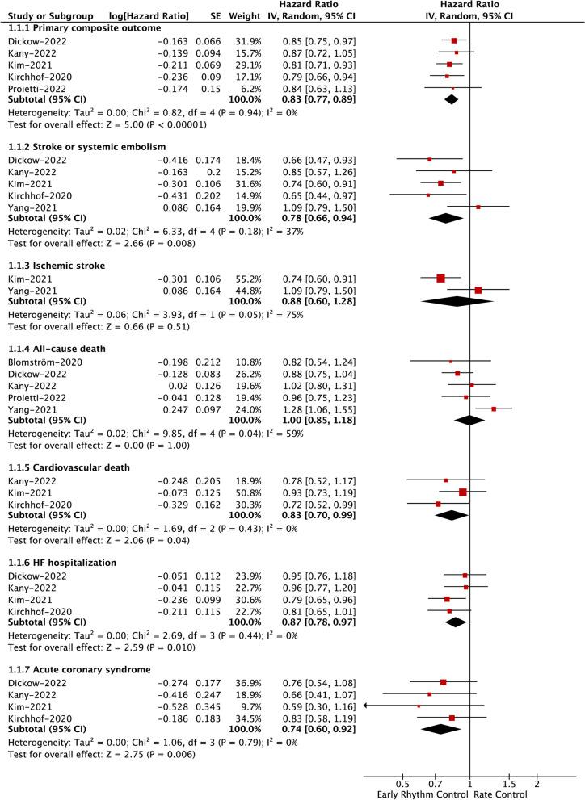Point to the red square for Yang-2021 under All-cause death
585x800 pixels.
coord(494,408)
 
